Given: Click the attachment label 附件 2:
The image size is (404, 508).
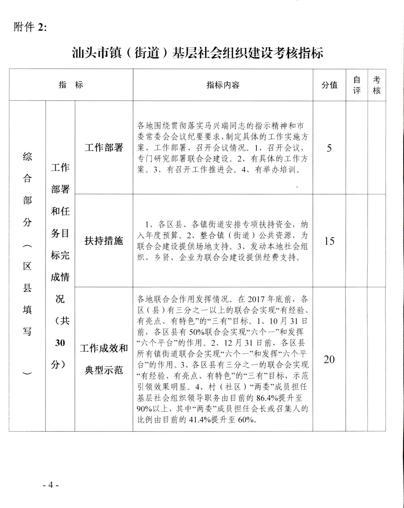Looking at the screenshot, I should pyautogui.click(x=30, y=27).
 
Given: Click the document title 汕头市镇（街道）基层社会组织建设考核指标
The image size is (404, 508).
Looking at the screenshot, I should pyautogui.click(x=197, y=53).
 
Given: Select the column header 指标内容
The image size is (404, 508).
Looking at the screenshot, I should pyautogui.click(x=223, y=85).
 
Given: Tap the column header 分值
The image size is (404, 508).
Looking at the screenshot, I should pyautogui.click(x=329, y=85).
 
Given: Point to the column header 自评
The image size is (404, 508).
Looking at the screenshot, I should pyautogui.click(x=357, y=85).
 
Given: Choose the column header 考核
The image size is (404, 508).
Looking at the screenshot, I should pyautogui.click(x=377, y=85).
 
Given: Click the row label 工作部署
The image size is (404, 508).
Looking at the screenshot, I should pyautogui.click(x=104, y=147).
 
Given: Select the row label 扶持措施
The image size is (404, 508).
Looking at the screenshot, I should pyautogui.click(x=104, y=240).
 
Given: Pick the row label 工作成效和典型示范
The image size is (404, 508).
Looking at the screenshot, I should pyautogui.click(x=104, y=359).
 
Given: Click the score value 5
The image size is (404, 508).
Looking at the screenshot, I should pyautogui.click(x=329, y=148).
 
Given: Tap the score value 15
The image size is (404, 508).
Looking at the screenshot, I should pyautogui.click(x=329, y=241).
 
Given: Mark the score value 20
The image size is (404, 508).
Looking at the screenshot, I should pyautogui.click(x=329, y=359).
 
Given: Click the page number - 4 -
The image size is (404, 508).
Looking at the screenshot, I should pyautogui.click(x=51, y=485).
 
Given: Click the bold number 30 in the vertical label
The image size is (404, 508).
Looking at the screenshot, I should pyautogui.click(x=60, y=343).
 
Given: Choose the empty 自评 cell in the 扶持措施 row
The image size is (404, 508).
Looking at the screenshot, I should pyautogui.click(x=357, y=240).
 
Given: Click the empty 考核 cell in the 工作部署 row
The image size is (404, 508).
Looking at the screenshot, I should pyautogui.click(x=377, y=147).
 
